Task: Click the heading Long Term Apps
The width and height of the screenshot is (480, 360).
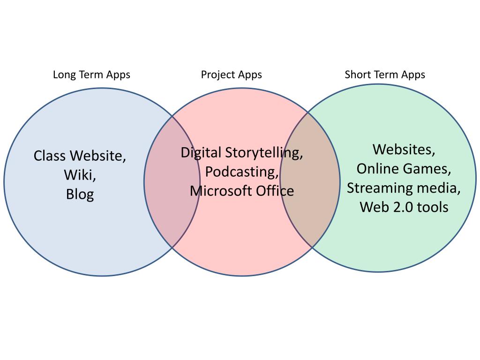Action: [91, 75]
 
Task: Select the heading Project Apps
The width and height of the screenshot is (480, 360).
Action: [231, 75]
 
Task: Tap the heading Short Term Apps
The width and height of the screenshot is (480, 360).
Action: [385, 75]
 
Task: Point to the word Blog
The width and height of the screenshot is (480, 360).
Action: [80, 194]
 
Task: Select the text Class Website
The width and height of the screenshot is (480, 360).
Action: [80, 156]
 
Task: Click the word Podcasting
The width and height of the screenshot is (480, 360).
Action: [241, 172]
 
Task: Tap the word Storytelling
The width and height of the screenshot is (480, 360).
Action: [264, 153]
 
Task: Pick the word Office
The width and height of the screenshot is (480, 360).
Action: [276, 191]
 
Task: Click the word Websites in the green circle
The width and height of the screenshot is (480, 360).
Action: [404, 150]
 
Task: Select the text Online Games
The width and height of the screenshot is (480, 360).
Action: [404, 169]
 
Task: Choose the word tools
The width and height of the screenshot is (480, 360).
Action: [432, 207]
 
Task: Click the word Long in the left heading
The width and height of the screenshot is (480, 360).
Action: [63, 75]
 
